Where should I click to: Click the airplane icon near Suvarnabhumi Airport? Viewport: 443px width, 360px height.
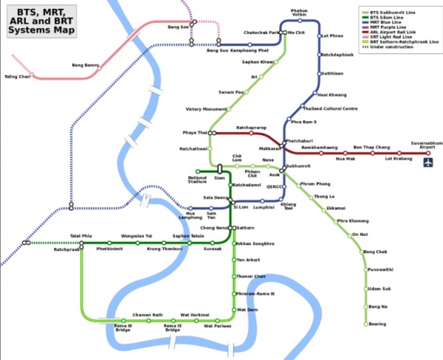click(427, 161)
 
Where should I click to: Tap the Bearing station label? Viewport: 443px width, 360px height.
click(377, 324)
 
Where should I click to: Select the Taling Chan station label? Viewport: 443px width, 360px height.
click(18, 76)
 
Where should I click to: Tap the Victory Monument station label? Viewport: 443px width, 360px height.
click(206, 109)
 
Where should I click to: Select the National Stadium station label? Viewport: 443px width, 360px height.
click(197, 179)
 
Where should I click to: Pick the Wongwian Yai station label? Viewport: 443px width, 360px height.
click(137, 235)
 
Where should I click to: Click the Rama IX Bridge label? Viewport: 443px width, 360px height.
click(172, 327)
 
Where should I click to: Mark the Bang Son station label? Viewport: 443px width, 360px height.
click(179, 27)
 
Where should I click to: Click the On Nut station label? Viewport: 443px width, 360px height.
click(360, 234)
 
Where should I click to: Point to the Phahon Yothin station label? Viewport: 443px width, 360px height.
click(298, 13)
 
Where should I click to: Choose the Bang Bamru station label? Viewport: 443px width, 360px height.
click(86, 66)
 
